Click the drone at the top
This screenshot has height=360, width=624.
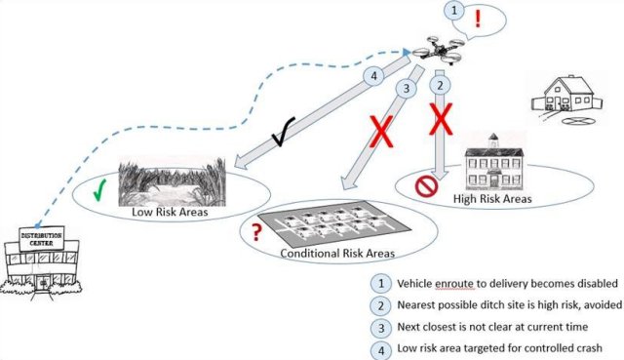[x=438, y=50]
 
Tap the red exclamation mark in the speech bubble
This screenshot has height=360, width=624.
[x=478, y=19]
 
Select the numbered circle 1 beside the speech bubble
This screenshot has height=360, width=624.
[x=454, y=11]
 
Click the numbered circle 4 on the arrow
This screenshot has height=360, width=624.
[x=373, y=75]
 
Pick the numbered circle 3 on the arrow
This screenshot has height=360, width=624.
[x=407, y=88]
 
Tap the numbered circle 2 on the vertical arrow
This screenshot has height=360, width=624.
[x=440, y=85]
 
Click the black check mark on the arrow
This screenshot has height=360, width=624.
[x=284, y=132]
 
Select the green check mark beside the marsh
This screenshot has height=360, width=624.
[x=99, y=190]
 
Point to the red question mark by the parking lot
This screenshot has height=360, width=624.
[x=257, y=232]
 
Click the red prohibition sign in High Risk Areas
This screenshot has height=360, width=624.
[x=426, y=186]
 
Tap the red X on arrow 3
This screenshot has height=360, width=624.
[x=381, y=132]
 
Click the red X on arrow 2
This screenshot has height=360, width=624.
[x=441, y=119]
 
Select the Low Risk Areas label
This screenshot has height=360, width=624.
[x=170, y=212]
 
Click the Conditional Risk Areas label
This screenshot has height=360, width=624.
[x=337, y=254]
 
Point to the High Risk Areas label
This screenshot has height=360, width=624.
[x=492, y=198]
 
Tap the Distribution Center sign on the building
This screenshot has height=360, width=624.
[x=41, y=239]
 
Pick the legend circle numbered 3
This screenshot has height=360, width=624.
[x=381, y=328]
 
